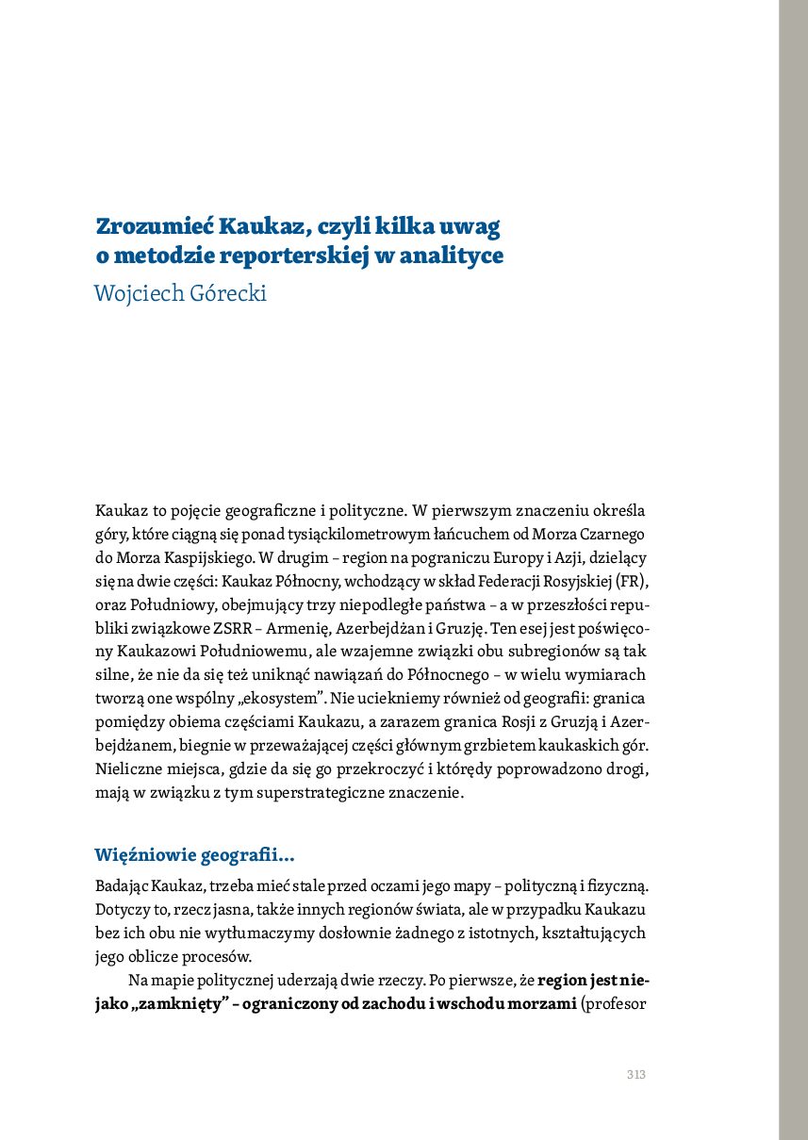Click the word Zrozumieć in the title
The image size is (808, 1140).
(x=154, y=227)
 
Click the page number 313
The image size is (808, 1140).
(x=635, y=1075)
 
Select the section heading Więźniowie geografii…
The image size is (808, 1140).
(x=194, y=856)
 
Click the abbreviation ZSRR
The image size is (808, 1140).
(x=283, y=625)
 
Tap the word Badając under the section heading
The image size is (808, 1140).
(x=123, y=887)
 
